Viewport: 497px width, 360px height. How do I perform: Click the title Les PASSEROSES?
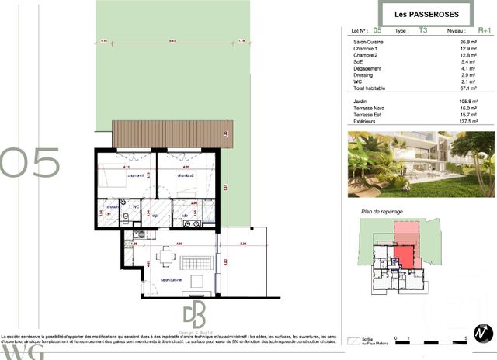427,15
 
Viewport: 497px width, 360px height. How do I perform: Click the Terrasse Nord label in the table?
369,109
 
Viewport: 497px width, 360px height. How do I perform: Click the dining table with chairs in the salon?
166,256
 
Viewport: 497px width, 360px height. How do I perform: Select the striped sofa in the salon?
206,260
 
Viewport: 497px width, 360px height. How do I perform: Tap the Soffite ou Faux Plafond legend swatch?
356,340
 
